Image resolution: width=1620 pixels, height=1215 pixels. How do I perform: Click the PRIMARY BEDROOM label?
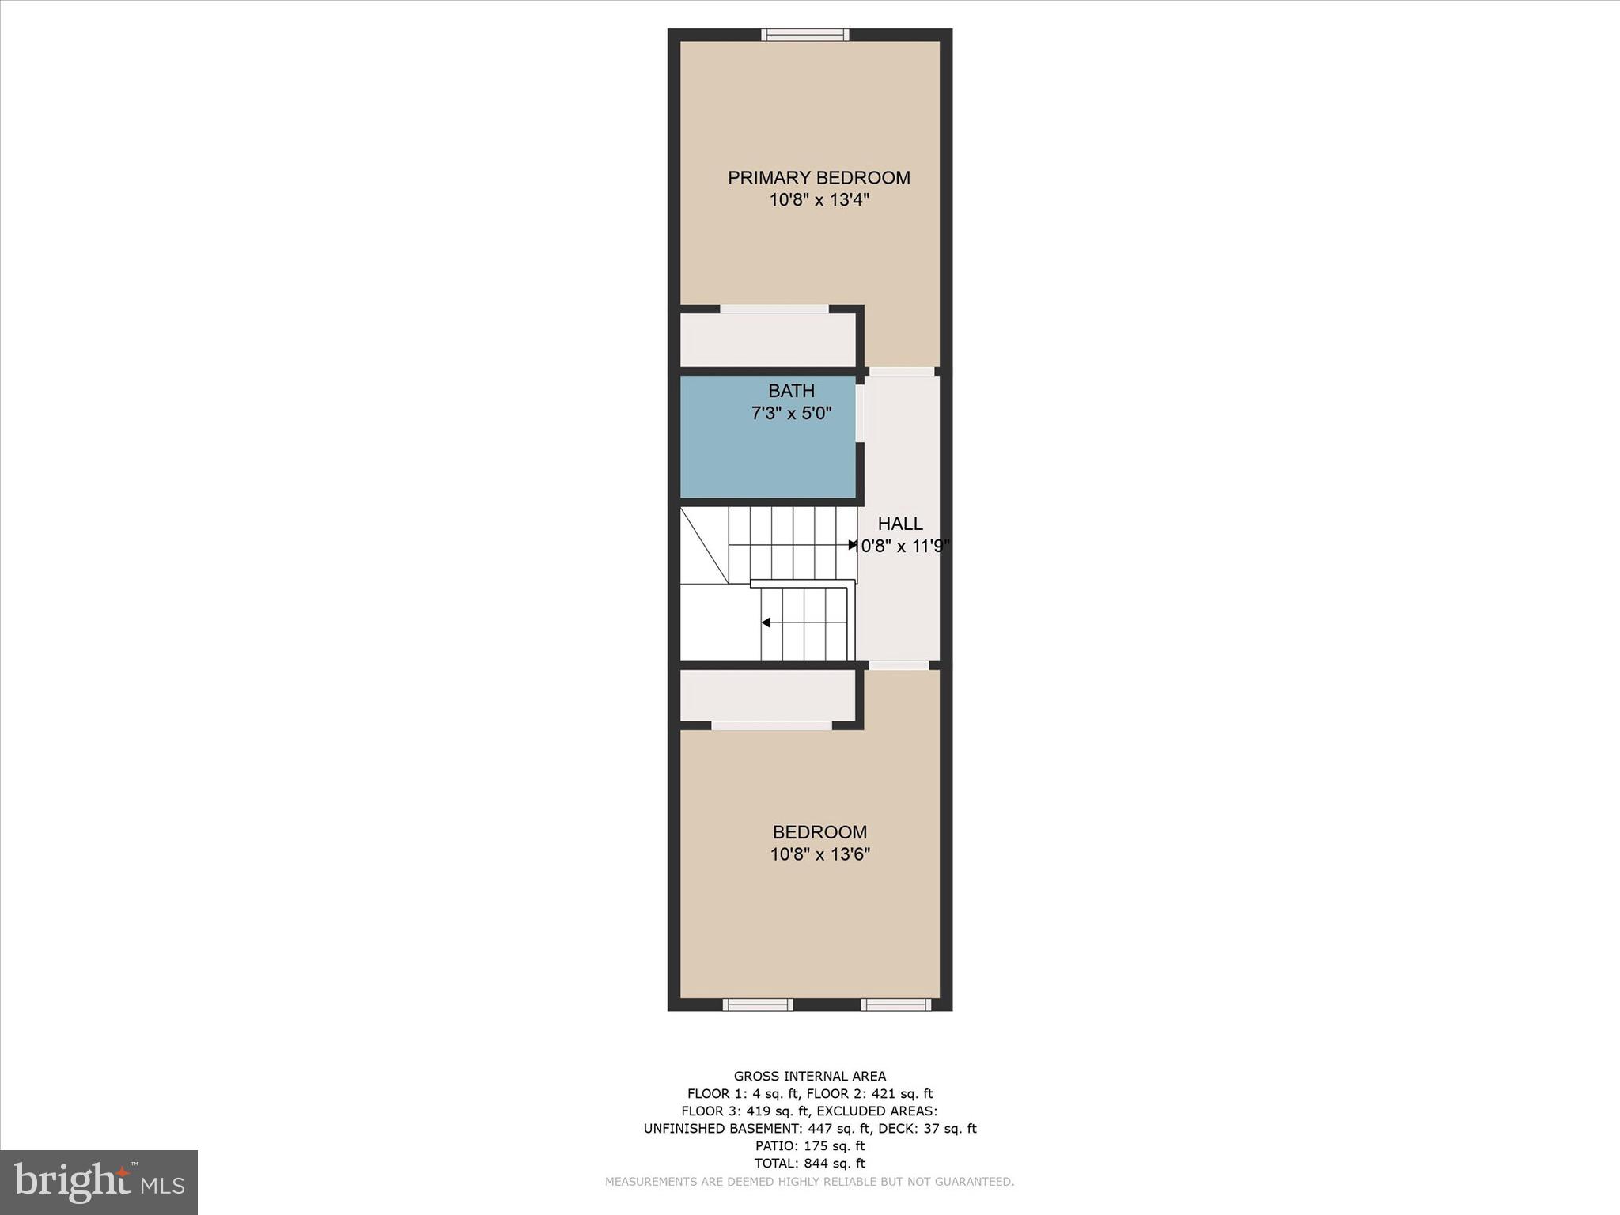[x=819, y=178]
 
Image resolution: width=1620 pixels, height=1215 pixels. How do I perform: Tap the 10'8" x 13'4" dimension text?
[x=819, y=200]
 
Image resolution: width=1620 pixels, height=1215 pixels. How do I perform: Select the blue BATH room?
[x=767, y=459]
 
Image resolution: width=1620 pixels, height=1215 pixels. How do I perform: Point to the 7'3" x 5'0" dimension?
[x=791, y=413]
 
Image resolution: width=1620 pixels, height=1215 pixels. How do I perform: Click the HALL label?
[x=900, y=524]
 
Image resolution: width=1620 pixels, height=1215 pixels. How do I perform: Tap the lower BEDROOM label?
[x=819, y=832]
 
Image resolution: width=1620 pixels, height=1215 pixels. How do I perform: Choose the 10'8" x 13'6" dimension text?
[x=819, y=854]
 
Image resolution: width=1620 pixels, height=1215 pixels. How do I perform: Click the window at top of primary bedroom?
[x=805, y=34]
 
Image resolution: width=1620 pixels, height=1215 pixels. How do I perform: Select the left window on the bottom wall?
[x=757, y=1005]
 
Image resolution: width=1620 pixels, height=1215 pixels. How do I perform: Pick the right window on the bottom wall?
[x=896, y=1005]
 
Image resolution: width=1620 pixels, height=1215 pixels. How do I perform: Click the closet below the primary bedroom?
[x=767, y=340]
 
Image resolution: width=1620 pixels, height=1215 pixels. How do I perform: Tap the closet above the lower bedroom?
[x=767, y=695]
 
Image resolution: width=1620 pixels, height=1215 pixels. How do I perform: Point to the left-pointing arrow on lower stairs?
[x=766, y=623]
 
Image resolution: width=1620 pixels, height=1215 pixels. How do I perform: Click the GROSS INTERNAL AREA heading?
[x=810, y=1076]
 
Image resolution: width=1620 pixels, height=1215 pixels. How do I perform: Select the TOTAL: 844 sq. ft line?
[x=810, y=1163]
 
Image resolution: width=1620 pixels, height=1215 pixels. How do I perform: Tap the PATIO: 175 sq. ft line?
[x=810, y=1145]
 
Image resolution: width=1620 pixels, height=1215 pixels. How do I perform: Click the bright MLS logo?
[x=99, y=1182]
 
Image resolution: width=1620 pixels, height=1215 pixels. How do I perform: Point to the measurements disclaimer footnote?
[x=810, y=1182]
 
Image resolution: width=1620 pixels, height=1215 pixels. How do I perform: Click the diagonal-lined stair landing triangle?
[x=700, y=546]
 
